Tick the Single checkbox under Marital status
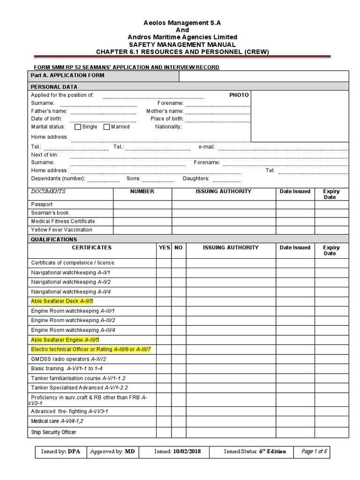click(78, 127)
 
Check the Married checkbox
click(107, 127)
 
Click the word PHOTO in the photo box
click(239, 95)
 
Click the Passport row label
click(42, 204)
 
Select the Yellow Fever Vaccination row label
click(61, 230)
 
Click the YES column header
click(164, 247)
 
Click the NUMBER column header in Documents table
click(142, 191)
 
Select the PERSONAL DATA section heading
click(54, 87)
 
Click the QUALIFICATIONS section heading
click(54, 239)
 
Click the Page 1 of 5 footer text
click(314, 452)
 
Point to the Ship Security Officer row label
click(53, 432)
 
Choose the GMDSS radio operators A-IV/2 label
click(64, 359)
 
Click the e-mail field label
click(206, 147)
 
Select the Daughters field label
click(196, 179)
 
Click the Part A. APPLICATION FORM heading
click(67, 75)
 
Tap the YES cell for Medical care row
click(164, 421)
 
